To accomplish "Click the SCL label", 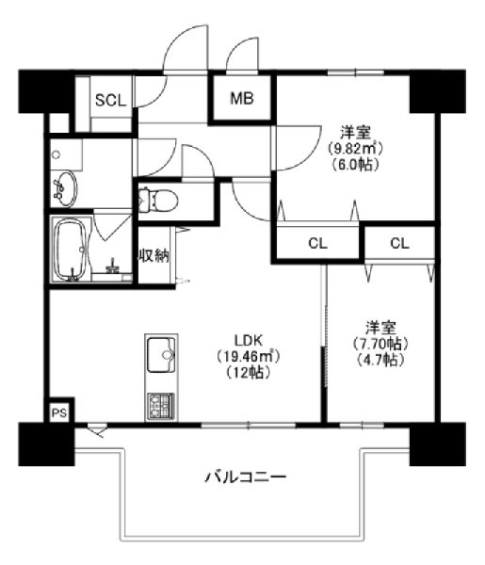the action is point(110,100).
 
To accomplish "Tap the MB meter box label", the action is point(242,98).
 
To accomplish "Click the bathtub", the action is point(71,250).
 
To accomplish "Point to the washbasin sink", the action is point(65,188).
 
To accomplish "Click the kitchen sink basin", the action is point(161,355).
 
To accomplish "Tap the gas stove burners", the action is point(161,406).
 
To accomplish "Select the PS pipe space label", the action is point(59,413).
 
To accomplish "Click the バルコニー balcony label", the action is point(246,477).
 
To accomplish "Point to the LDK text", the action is point(249,340).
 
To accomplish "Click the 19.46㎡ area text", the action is point(249,357).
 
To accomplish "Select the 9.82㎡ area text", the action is point(355,148).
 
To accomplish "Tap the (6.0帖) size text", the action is point(354,165).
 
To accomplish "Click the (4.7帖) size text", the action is point(380,360).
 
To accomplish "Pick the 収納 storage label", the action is point(154,256).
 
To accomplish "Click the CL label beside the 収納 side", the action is point(317,244).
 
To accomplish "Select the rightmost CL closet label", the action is point(399,244).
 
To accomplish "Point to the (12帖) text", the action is point(249,373).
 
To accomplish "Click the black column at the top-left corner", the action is point(46,91).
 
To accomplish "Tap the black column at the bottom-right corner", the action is point(438,444).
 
